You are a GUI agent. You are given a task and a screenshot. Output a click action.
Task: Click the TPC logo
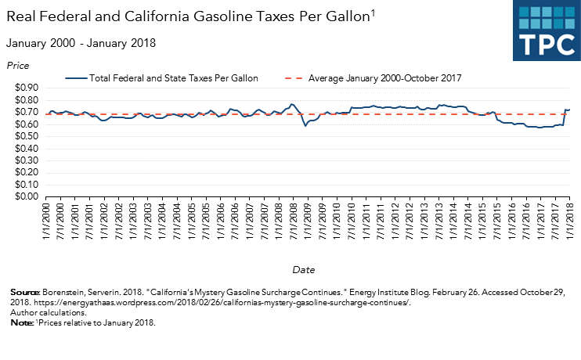[x=545, y=31]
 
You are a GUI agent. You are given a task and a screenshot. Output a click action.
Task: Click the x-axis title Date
[x=304, y=269]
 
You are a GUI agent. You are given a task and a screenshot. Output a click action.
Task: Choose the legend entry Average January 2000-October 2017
[x=384, y=78]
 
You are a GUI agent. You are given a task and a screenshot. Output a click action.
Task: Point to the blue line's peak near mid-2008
[x=291, y=104]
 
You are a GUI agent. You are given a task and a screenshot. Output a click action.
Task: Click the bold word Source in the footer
[x=25, y=291]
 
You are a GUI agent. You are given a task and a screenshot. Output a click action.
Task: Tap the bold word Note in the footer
[x=22, y=322]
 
